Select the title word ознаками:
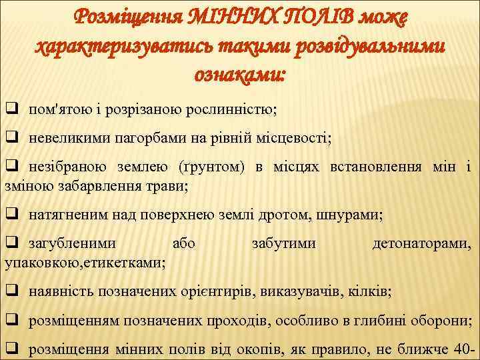(239, 75)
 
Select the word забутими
(283, 245)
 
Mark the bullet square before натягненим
(11, 215)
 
